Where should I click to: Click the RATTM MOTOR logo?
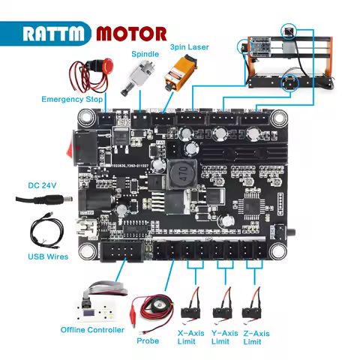coord(94,34)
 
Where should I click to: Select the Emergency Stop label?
coord(71,99)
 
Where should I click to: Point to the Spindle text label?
coord(145,54)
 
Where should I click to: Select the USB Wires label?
coord(48,256)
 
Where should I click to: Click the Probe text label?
coord(148,340)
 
